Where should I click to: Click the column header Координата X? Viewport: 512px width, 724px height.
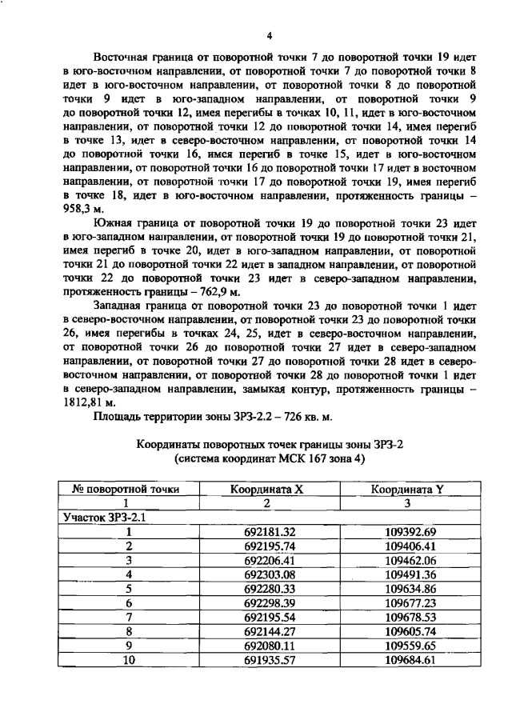[267, 490]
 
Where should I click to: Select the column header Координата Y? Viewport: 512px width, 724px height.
[408, 490]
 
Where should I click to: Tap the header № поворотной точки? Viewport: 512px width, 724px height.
[127, 490]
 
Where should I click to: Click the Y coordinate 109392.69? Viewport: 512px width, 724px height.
[409, 531]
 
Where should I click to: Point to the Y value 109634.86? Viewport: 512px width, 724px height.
[409, 589]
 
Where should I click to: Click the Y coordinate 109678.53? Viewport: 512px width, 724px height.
[409, 618]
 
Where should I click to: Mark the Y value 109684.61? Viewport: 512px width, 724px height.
[409, 661]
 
